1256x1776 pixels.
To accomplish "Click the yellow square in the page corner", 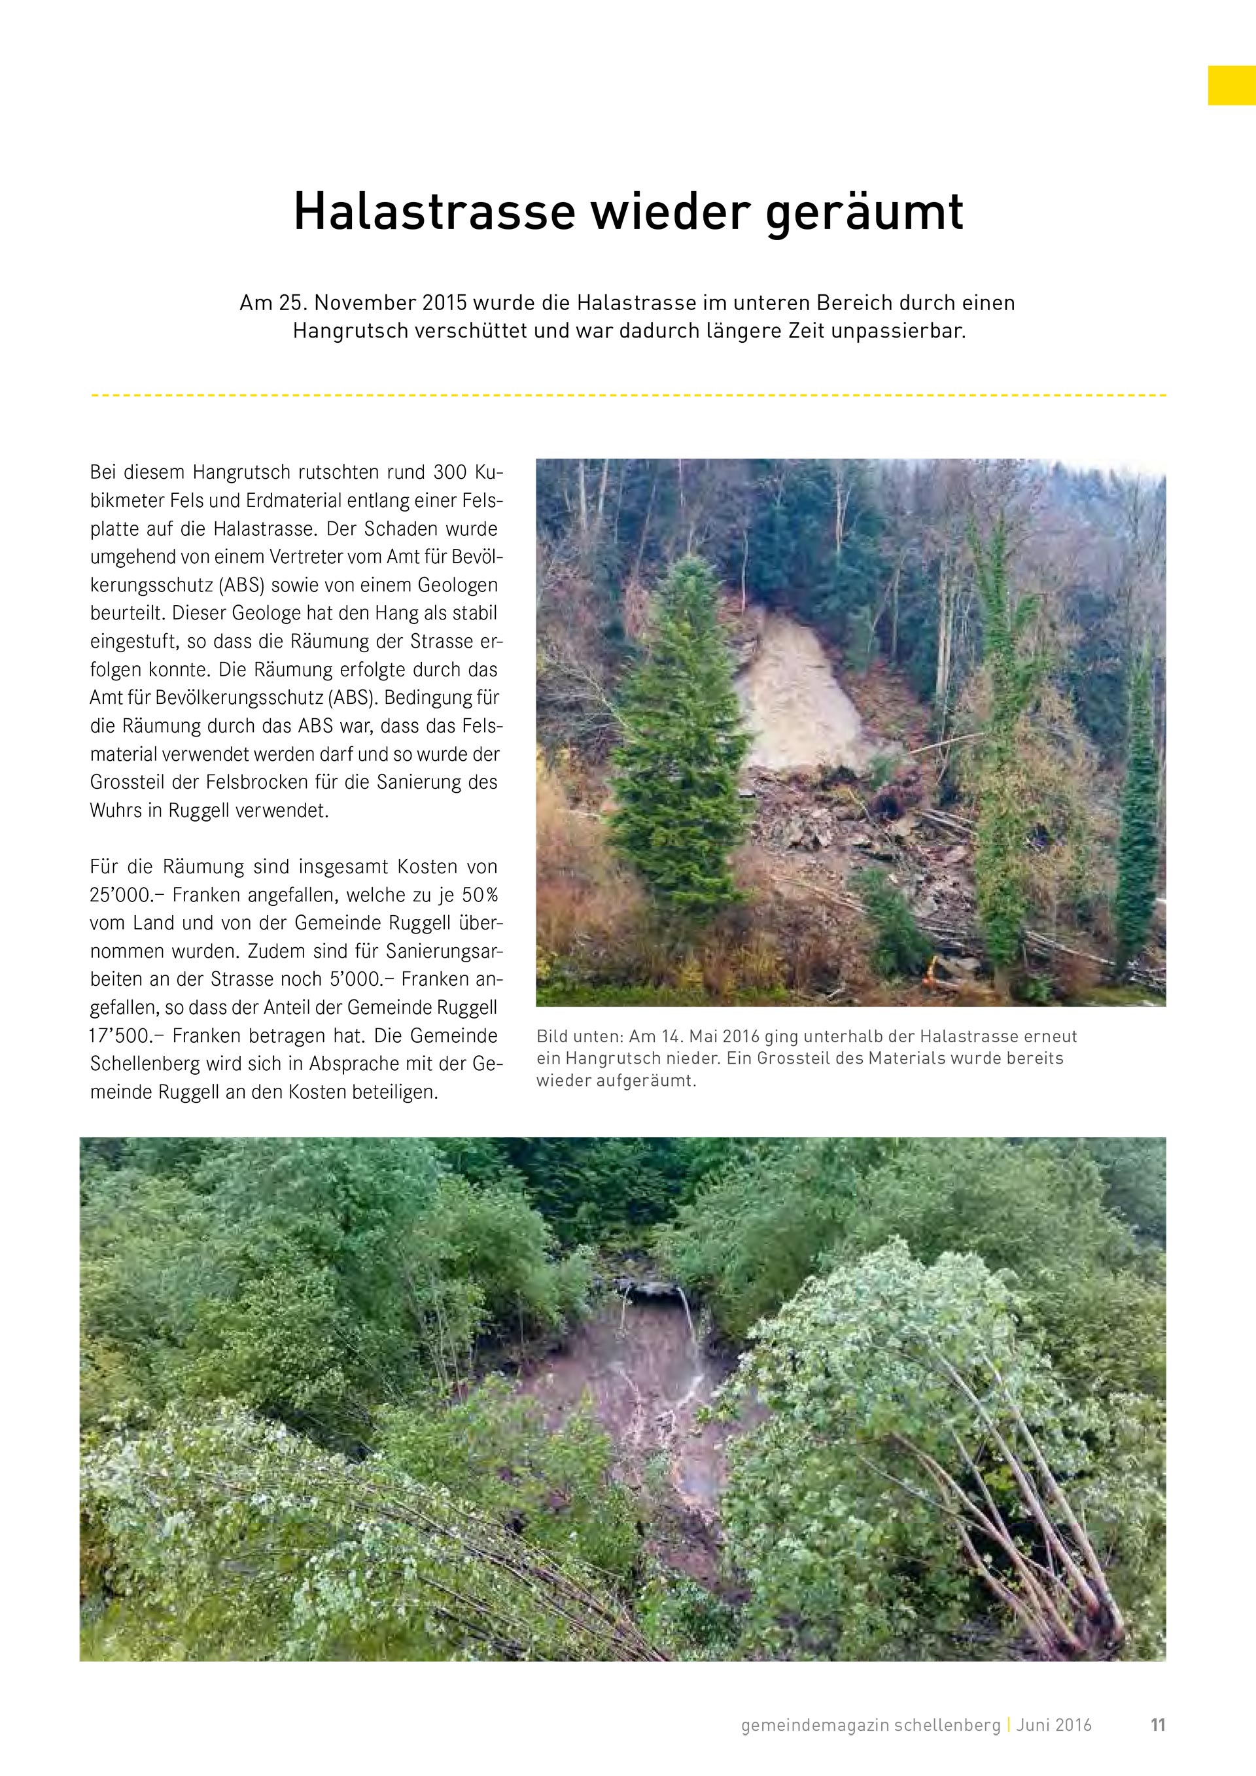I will point(1231,85).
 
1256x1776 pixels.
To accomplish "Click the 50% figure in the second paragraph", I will point(480,896).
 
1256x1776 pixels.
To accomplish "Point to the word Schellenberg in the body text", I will point(147,1064).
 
